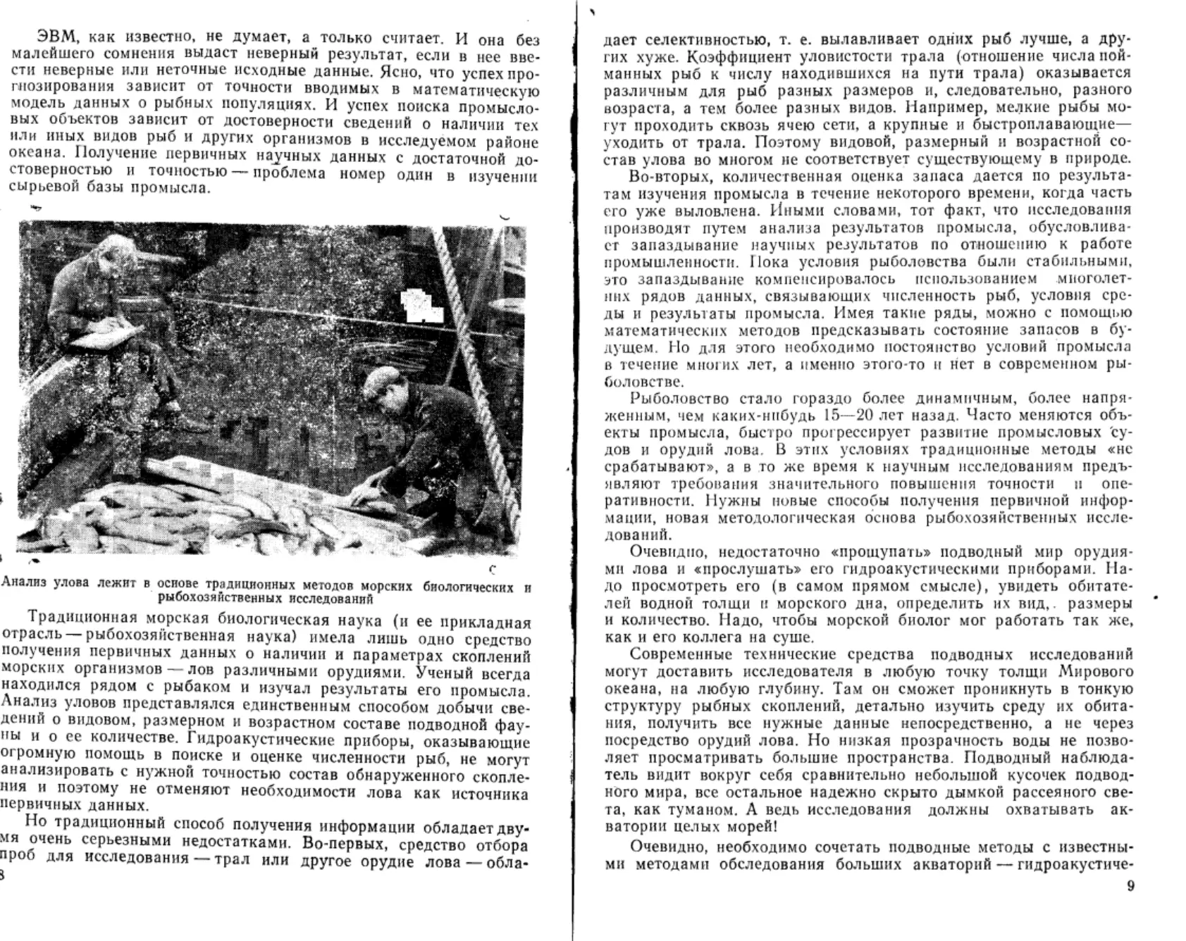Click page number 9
1131,886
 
